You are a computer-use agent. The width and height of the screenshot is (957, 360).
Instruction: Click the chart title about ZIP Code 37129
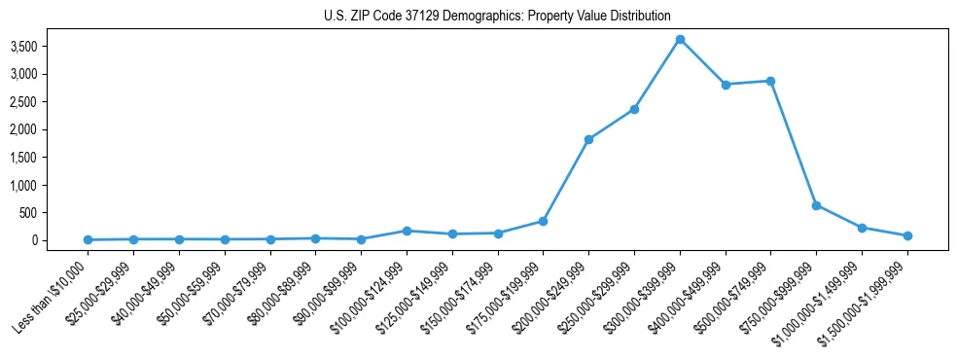497,16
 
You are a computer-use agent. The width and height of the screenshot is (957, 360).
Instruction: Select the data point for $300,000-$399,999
680,39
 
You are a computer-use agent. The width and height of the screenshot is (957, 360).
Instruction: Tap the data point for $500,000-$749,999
770,81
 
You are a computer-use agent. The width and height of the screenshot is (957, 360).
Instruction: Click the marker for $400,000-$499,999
726,85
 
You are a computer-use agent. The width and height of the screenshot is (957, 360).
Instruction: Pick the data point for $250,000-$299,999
634,109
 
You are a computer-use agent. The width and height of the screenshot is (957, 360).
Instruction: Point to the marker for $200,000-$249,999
588,139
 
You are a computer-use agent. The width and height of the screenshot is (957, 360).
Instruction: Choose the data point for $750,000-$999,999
816,205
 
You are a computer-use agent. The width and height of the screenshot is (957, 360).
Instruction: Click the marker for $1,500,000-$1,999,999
907,235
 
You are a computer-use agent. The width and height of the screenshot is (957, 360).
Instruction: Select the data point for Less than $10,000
89,239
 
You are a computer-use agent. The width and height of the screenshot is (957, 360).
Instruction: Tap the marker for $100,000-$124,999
407,231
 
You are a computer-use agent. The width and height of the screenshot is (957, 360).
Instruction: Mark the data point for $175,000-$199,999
543,221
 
